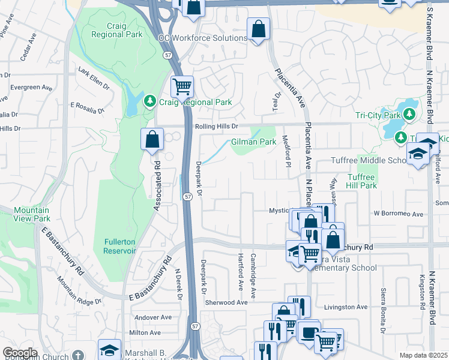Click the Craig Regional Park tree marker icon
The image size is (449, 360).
pyautogui.click(x=150, y=103)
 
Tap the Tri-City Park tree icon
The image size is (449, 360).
pyautogui.click(x=410, y=114)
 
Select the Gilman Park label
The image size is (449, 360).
pyautogui.click(x=253, y=142)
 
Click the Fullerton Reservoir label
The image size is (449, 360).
pyautogui.click(x=120, y=246)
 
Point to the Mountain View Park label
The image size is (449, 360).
pyautogui.click(x=31, y=214)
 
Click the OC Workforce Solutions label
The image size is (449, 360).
pyautogui.click(x=203, y=38)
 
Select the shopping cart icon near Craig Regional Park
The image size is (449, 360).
pyautogui.click(x=182, y=86)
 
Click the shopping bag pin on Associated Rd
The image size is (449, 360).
pyautogui.click(x=152, y=139)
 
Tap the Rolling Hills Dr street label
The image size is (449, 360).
pyautogui.click(x=217, y=127)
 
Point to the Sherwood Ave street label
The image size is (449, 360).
pyautogui.click(x=226, y=303)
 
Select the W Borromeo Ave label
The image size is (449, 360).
pyautogui.click(x=399, y=214)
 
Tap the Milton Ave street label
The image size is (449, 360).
pyautogui.click(x=145, y=332)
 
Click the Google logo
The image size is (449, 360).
pyautogui.click(x=20, y=353)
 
